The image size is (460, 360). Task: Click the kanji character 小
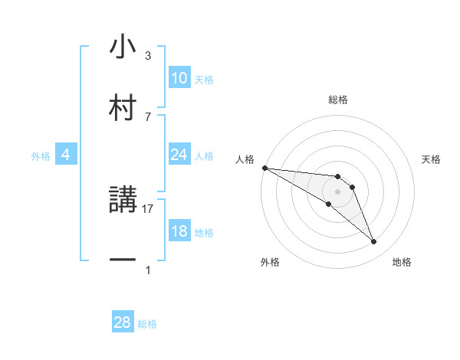point(123,47)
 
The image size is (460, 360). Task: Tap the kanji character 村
point(123,107)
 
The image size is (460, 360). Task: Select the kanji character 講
point(123,201)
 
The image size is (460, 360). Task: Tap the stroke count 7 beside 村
point(148,116)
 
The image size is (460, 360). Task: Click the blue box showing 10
point(179,78)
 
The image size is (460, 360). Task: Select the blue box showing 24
point(179,155)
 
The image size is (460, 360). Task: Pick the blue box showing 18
point(179,231)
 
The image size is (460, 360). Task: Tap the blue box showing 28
point(123,322)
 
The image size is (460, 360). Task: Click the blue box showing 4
point(65,155)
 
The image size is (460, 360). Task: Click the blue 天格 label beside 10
point(204,80)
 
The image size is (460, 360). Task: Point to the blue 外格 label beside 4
point(41,156)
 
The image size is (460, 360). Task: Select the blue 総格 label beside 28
point(147,324)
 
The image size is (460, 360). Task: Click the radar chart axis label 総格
point(337,100)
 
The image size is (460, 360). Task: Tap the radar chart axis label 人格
point(244,159)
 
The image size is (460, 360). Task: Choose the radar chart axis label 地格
point(402,263)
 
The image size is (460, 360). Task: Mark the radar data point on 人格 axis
point(264,168)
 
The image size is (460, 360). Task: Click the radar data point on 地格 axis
point(373,242)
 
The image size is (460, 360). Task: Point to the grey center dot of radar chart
point(337,191)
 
